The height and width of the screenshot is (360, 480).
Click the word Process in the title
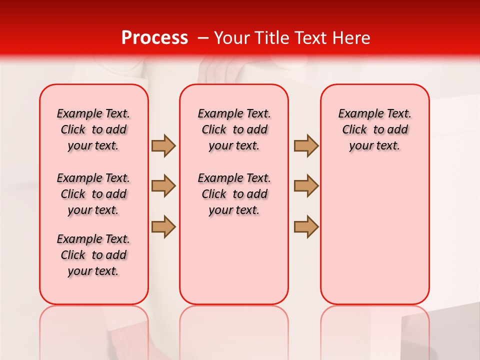click(x=154, y=38)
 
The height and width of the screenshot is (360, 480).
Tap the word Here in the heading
click(x=352, y=38)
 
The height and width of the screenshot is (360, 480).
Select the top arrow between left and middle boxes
click(x=163, y=145)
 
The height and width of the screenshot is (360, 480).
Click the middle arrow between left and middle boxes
click(x=163, y=186)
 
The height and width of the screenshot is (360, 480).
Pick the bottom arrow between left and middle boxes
click(x=163, y=226)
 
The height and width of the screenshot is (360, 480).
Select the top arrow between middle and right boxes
click(x=306, y=145)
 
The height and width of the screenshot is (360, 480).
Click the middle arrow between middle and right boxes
click(x=306, y=186)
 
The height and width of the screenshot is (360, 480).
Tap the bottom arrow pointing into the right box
click(x=306, y=226)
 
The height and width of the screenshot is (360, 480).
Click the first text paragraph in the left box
click(x=93, y=129)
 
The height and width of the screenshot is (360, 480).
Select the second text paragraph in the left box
click(x=93, y=194)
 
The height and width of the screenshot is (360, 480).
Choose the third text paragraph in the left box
click(x=93, y=255)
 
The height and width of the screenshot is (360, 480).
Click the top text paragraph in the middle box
click(x=234, y=129)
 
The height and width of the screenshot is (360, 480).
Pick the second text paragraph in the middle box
click(x=234, y=194)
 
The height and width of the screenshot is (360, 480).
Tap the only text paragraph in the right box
click(x=374, y=129)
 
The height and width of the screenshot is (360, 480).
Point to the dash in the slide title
click(x=203, y=38)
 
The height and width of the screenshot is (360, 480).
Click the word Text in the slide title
click(x=311, y=38)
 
